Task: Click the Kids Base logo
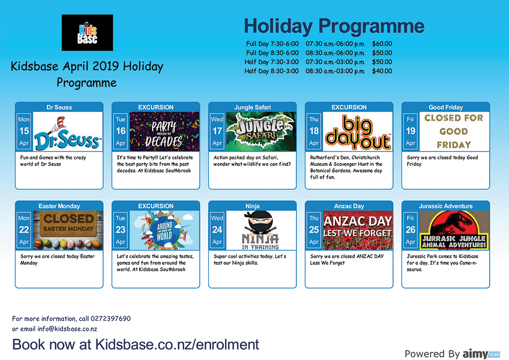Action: tap(88, 33)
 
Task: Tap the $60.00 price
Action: tap(382, 44)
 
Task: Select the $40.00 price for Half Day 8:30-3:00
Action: tap(382, 71)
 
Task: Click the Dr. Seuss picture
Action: tap(68, 131)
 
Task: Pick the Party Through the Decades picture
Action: tap(164, 131)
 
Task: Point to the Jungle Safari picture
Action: tap(261, 131)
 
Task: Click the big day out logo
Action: tap(358, 131)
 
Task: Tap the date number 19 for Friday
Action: tap(410, 131)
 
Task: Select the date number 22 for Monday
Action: tap(24, 230)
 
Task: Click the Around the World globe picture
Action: tap(164, 230)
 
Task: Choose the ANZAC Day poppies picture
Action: tap(358, 230)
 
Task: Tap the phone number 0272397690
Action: tap(110, 318)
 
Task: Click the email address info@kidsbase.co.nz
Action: tap(67, 329)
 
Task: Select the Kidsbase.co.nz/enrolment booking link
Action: tap(177, 344)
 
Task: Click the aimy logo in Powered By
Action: tap(481, 353)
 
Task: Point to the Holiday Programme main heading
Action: tap(334, 26)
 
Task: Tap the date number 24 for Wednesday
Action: tap(217, 230)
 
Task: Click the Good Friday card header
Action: tap(445, 107)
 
